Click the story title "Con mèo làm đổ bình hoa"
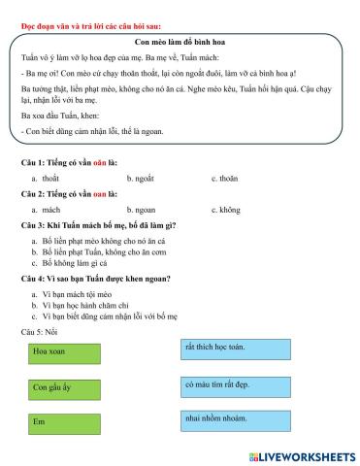click(180, 44)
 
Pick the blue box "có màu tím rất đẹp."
click(234, 384)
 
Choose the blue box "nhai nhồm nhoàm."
click(234, 419)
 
